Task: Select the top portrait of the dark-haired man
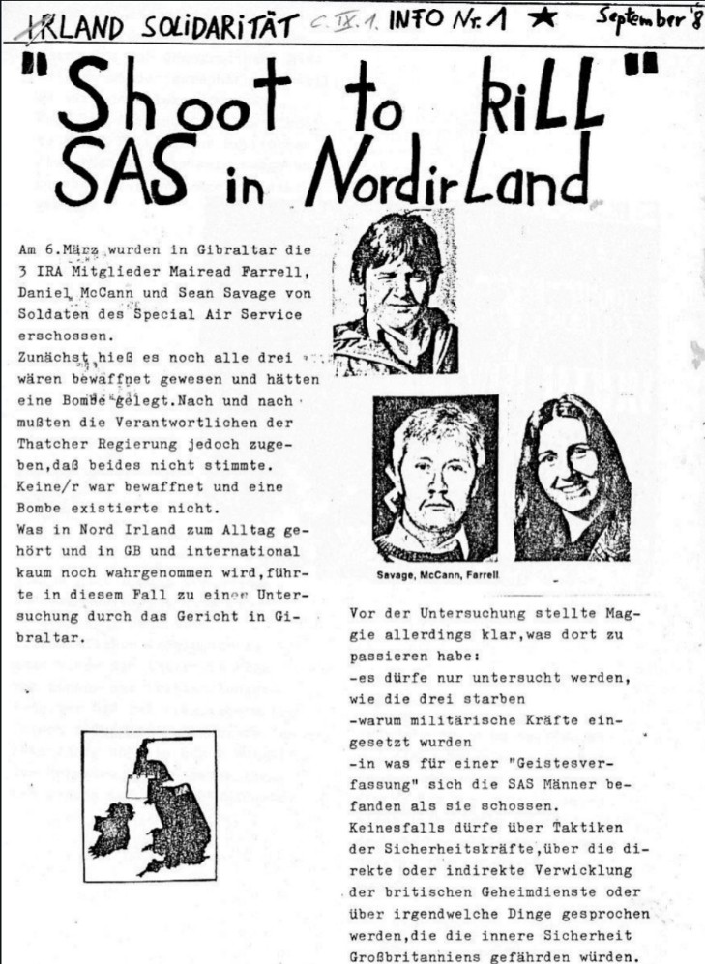[395, 289]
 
